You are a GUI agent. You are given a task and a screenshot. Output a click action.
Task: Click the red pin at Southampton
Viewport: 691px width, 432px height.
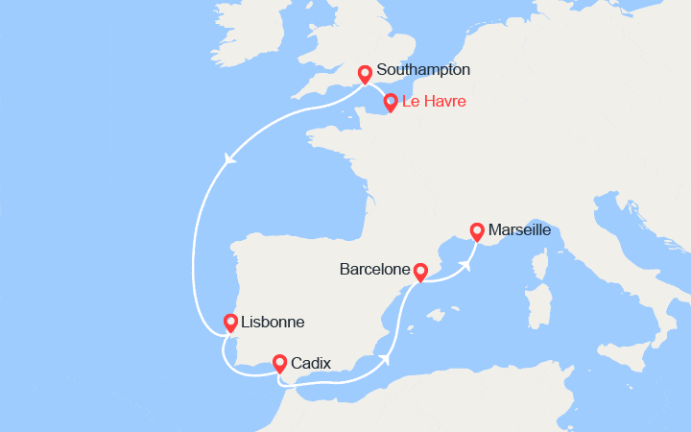(365, 74)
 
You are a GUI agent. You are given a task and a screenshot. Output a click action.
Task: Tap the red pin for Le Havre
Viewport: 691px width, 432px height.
(391, 102)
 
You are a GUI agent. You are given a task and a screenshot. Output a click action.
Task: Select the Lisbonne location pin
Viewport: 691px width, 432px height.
(231, 323)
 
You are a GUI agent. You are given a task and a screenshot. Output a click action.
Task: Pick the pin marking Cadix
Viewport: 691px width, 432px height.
(279, 363)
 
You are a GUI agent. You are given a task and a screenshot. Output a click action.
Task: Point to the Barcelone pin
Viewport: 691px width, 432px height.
(419, 273)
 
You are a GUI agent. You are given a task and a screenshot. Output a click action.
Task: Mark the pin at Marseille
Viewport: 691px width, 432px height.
(476, 230)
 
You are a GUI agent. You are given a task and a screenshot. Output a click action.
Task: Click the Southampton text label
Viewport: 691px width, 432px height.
(423, 70)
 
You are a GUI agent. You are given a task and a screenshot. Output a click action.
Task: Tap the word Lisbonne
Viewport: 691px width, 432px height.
(274, 323)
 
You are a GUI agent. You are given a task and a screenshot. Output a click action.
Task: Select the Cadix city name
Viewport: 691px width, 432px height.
(311, 363)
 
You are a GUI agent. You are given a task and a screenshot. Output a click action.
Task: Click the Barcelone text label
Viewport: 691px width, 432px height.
(375, 271)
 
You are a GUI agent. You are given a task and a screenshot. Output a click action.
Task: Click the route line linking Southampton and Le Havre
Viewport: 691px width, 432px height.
(378, 85)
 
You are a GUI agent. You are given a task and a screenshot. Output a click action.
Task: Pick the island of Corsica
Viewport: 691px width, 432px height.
(539, 265)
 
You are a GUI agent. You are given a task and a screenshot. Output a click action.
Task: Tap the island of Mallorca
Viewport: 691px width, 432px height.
(441, 315)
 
